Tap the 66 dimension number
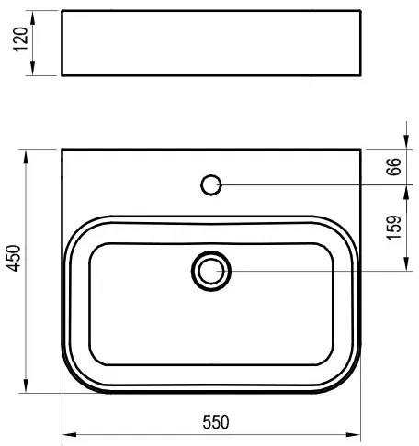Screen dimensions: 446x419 392,166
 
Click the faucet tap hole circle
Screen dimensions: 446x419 211,185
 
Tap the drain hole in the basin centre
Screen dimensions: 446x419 212,270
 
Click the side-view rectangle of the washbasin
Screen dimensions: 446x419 212,42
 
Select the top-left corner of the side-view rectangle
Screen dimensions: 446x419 62,12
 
